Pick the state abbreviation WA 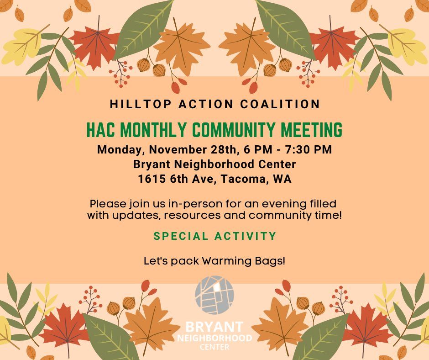pos(282,179)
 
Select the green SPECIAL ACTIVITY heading pos(215,236)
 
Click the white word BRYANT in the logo pos(214,328)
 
